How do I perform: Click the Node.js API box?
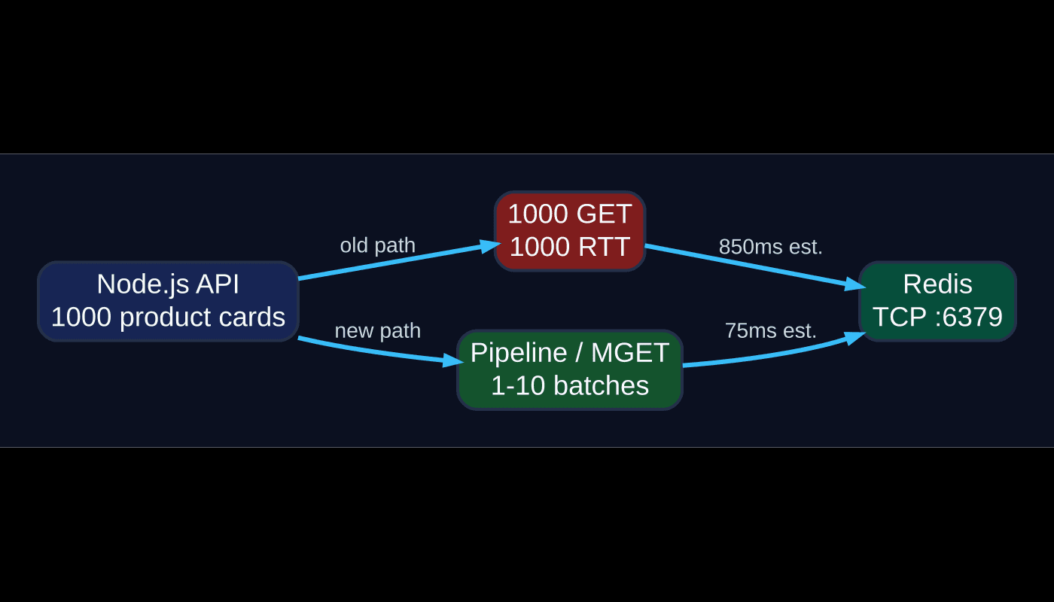[168, 301]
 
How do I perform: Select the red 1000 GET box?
[570, 230]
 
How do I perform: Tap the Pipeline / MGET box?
[570, 369]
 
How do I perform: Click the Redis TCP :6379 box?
[937, 301]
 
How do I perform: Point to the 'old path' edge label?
[377, 245]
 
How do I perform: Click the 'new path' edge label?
[377, 330]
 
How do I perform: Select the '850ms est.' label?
[770, 247]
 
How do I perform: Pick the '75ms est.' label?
[770, 330]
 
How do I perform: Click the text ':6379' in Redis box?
[968, 317]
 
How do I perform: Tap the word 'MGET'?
[629, 353]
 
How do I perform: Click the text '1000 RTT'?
[570, 247]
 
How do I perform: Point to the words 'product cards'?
[202, 317]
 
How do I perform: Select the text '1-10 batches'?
[570, 386]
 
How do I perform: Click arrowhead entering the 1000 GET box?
[492, 245]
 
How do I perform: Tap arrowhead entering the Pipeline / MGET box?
[453, 362]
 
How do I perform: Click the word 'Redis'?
[937, 284]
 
